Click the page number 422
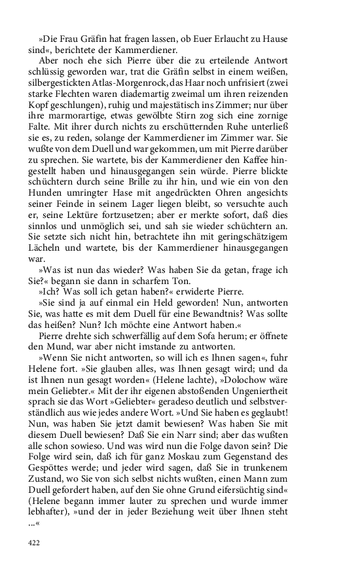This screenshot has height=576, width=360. pos(33,542)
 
